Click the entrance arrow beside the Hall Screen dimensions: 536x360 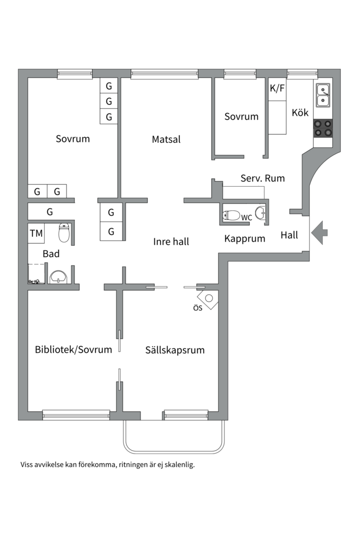click(x=319, y=232)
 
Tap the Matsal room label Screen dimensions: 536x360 click(x=166, y=139)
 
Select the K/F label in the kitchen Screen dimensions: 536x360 click(x=278, y=89)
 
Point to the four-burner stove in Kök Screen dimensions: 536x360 click(x=323, y=128)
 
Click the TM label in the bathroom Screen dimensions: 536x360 click(x=36, y=233)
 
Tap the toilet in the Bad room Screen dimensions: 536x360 click(x=64, y=232)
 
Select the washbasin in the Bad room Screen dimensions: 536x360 click(x=59, y=276)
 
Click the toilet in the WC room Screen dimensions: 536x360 click(x=232, y=215)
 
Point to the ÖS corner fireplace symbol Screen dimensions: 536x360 click(x=209, y=299)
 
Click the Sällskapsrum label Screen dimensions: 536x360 click(x=175, y=350)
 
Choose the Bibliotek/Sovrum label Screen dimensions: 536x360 click(x=73, y=349)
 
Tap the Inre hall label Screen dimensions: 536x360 click(x=171, y=242)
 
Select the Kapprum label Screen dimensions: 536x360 click(x=244, y=239)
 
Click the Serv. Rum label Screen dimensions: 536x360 click(x=263, y=178)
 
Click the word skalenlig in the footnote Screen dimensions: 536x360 click(x=177, y=465)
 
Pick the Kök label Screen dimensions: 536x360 click(x=300, y=113)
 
